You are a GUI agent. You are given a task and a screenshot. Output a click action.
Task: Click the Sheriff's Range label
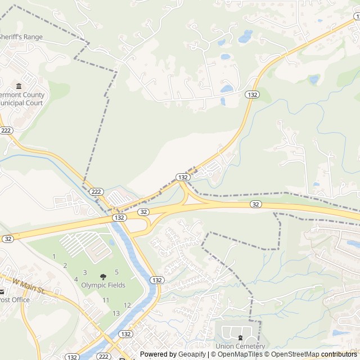[x=21, y=37]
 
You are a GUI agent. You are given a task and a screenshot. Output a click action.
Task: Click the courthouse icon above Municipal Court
[x=19, y=86]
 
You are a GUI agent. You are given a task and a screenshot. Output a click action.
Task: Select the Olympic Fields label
[x=103, y=285]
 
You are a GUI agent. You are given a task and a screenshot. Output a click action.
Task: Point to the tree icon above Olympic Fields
[x=103, y=276]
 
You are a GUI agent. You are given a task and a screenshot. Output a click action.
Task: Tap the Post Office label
[x=14, y=300]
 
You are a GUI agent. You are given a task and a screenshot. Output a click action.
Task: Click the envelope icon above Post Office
[x=2, y=291]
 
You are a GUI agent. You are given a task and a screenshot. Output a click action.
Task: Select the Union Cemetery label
[x=240, y=346]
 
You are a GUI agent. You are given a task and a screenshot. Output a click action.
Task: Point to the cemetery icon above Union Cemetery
[x=240, y=337]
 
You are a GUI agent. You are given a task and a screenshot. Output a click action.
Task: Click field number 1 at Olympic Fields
[x=54, y=256]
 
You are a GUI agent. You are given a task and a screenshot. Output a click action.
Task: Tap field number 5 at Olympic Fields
[x=116, y=272]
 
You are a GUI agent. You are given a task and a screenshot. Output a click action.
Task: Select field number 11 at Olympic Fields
[x=106, y=300]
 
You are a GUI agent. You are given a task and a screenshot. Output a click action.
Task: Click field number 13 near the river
[x=116, y=313]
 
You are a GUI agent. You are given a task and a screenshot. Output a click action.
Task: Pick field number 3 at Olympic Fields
[x=85, y=272]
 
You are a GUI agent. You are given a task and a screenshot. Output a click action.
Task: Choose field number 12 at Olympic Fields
[x=127, y=305]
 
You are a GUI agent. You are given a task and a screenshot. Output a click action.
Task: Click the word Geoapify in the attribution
[x=192, y=354]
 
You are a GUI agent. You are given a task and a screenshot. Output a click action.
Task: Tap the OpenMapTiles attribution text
[x=236, y=354]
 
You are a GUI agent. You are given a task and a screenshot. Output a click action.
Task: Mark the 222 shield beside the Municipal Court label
[x=6, y=130]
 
